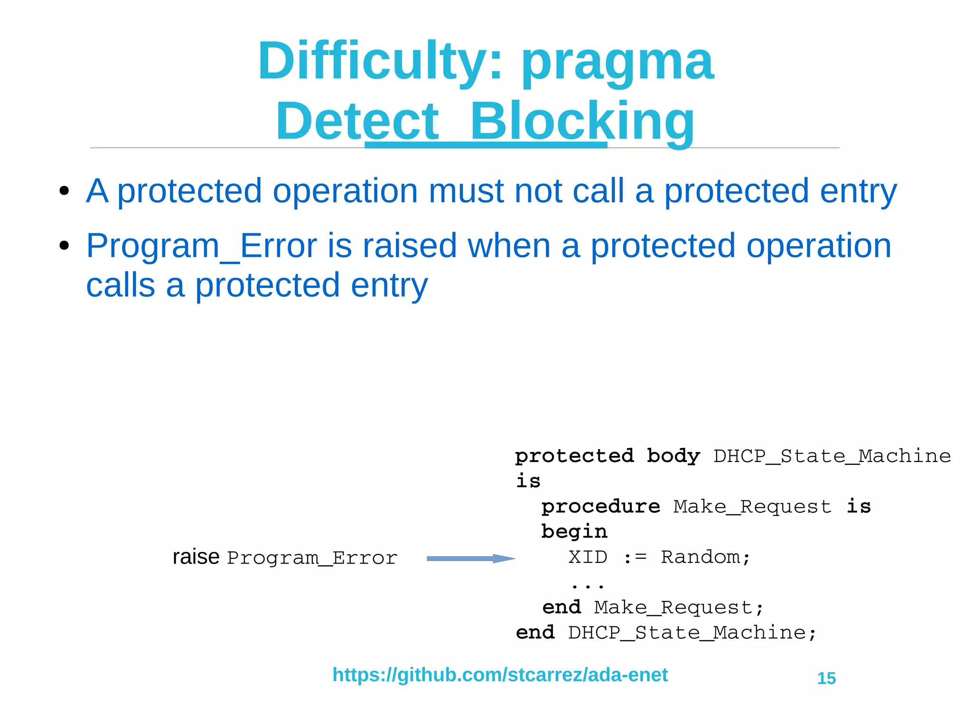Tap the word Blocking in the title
582,122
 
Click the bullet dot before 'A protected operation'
65,191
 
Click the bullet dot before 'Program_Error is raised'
65,246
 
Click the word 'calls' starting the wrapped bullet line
121,286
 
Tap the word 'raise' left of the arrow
196,557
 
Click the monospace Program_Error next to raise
312,558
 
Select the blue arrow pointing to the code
470,559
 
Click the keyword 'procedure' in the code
600,507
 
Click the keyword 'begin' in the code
574,532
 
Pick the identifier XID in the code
588,557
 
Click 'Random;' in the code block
705,557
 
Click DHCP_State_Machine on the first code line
832,456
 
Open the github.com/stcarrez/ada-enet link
500,675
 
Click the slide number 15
826,679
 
